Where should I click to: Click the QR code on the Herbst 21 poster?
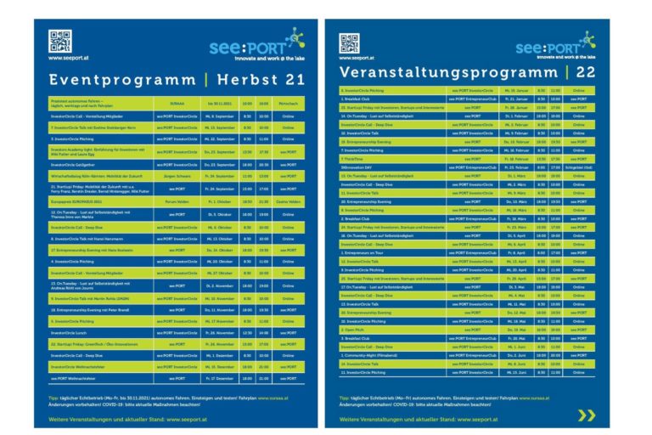(x=59, y=41)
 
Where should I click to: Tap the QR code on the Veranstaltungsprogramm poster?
(x=349, y=42)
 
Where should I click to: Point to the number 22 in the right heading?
(x=586, y=73)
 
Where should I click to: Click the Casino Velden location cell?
(x=288, y=201)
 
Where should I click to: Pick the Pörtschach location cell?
(x=288, y=102)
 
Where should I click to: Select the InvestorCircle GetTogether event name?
(x=76, y=164)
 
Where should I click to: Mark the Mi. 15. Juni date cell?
(x=514, y=372)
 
